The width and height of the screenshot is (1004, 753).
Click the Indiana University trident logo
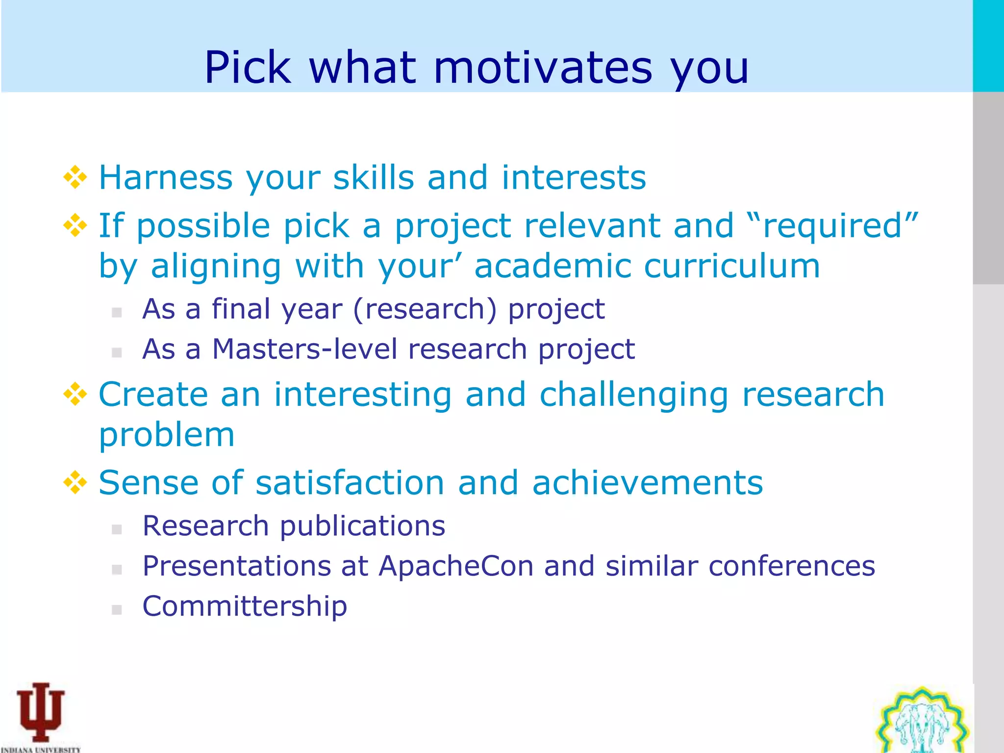(x=40, y=712)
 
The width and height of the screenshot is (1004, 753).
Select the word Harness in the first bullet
(x=166, y=177)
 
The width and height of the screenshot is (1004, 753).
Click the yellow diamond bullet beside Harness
(x=75, y=177)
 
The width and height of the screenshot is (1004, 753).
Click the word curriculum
(x=731, y=266)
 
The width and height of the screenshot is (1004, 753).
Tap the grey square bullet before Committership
(x=117, y=609)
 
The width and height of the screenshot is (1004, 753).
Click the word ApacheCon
(x=456, y=566)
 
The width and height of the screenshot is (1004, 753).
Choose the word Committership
(x=245, y=606)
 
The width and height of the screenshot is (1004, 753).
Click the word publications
(x=362, y=526)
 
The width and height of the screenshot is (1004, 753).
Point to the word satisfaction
(x=350, y=482)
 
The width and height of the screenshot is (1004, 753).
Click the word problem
(x=167, y=435)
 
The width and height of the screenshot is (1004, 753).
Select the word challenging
(x=633, y=394)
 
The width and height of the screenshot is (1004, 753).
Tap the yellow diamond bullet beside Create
(x=75, y=394)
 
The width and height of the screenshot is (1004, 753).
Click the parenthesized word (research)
(x=424, y=309)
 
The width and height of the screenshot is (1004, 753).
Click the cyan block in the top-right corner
(x=988, y=45)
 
